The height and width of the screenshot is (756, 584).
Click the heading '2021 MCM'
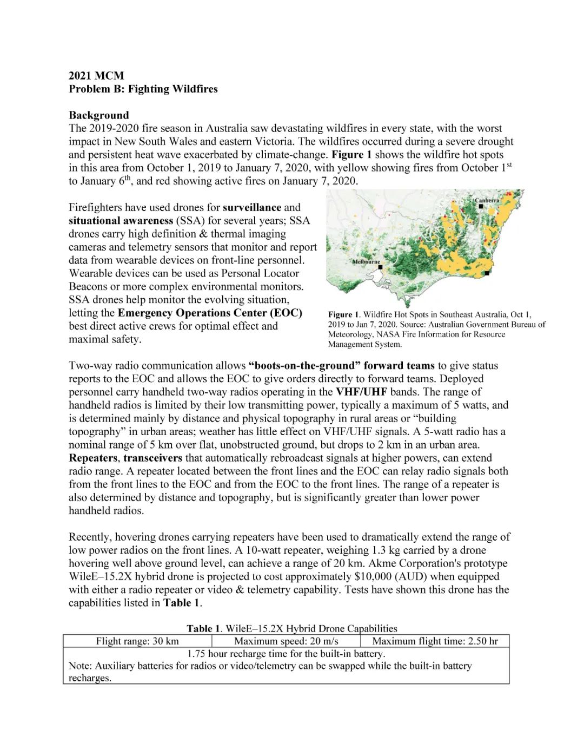pos(96,76)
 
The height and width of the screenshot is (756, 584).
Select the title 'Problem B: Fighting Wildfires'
pos(143,89)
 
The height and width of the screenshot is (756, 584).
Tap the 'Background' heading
pos(99,115)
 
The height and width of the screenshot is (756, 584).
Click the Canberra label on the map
pos(487,201)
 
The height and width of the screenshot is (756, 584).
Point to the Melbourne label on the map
pos(366,261)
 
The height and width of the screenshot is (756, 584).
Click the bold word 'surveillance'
pos(252,207)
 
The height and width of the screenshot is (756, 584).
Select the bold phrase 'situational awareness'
pos(121,221)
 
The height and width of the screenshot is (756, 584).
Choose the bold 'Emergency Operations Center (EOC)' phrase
pos(210,313)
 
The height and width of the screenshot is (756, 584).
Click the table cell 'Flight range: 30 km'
pos(137,641)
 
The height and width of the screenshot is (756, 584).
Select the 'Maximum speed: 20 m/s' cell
pos(286,641)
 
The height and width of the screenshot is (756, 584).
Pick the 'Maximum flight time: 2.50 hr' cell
pos(435,641)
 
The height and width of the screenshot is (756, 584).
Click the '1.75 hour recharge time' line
pos(286,654)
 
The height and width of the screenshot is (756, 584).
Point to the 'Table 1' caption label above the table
pos(204,628)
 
